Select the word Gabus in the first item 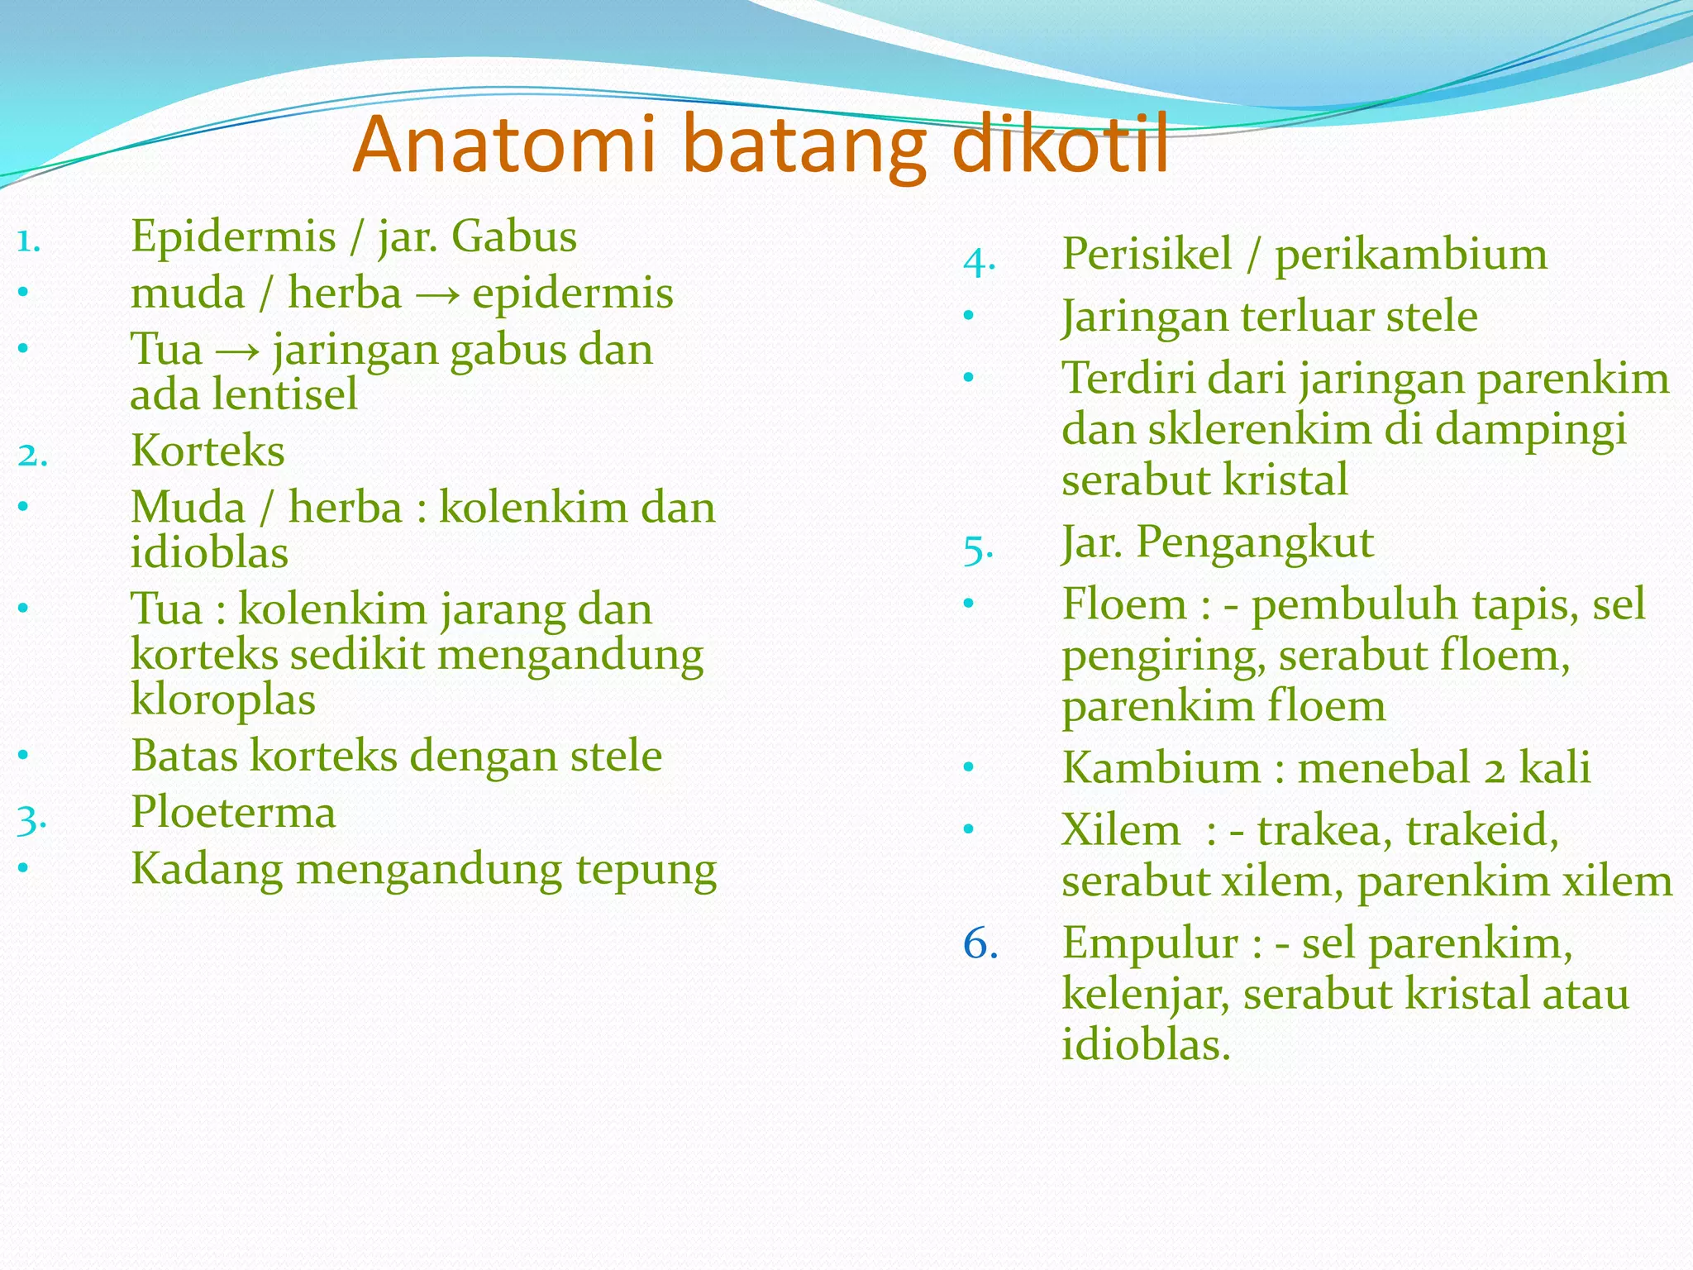tap(513, 236)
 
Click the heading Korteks tap(207, 451)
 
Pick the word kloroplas tap(223, 700)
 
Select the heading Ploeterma tap(233, 813)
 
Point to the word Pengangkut tap(1254, 544)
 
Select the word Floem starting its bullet tap(1125, 604)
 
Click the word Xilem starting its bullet tap(1121, 830)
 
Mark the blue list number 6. tap(980, 944)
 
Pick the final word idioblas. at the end tap(1146, 1045)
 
